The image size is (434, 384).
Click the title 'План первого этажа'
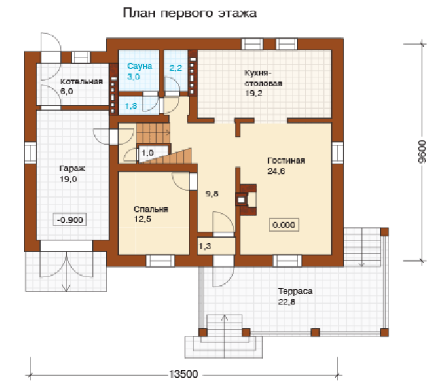point(190,13)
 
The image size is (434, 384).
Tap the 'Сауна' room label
point(140,66)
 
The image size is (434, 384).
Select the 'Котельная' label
point(81,81)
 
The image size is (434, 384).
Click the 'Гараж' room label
point(72,168)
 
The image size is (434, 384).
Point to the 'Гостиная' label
point(286,160)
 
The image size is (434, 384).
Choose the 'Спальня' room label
point(151,209)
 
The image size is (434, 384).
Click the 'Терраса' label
point(295,291)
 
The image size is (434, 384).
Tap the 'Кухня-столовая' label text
point(263,78)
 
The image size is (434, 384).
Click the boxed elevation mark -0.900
point(69,220)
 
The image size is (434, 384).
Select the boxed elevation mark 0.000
point(284,224)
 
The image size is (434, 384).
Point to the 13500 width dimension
point(184,374)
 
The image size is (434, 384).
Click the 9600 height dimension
point(422,152)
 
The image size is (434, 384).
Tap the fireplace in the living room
point(246,200)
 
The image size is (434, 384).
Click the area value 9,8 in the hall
point(212,194)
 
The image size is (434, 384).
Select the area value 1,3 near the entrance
point(205,246)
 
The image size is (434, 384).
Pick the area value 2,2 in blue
point(176,67)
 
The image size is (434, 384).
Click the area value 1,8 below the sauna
point(131,106)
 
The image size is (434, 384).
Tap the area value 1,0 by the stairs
point(148,152)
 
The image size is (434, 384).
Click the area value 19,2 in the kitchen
point(254,93)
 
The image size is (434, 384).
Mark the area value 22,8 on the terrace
point(286,301)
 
